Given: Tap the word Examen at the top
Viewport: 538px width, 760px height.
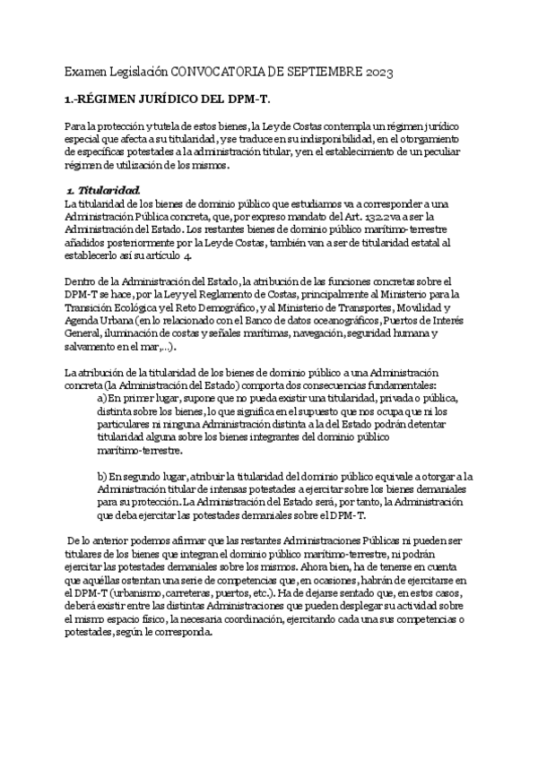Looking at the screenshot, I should click(x=85, y=70).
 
